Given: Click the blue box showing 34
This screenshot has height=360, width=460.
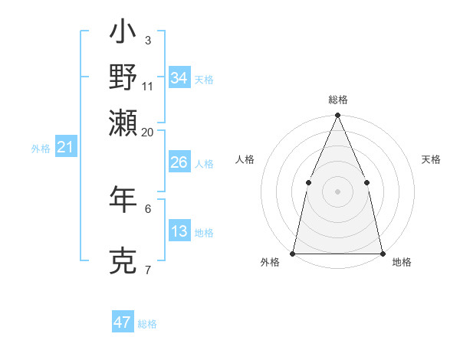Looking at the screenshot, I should pos(179,78).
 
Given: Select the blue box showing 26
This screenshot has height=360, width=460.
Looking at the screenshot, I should pos(179,162).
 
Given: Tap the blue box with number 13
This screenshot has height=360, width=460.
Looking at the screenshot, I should pos(179,231).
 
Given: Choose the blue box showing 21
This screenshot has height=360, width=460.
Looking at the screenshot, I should pos(65,147).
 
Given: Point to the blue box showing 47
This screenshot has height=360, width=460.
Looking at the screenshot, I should pos(123,322).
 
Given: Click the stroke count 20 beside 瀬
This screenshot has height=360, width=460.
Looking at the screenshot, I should pos(148,132).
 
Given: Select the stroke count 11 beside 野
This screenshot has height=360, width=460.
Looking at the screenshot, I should pos(148,86).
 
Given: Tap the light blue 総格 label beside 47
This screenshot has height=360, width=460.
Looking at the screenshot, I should pos(147,324).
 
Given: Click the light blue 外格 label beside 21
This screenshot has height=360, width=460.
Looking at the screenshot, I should pos(41,149).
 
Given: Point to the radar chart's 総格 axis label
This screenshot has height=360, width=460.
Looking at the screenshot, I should pos(338,100).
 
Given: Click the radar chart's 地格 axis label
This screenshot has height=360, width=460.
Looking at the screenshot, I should pos(402,263).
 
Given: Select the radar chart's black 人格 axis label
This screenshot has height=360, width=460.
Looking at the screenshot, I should pos(245,159).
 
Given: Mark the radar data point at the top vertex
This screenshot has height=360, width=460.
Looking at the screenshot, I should pos(337,116).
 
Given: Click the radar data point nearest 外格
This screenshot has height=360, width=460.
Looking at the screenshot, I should pos(293,253).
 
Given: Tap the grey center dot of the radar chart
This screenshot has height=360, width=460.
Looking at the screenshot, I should pos(337,191).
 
